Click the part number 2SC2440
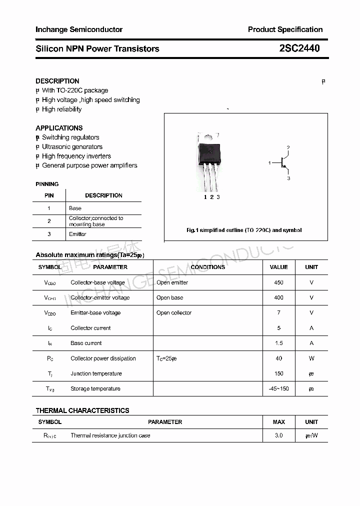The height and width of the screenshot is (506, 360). (299, 48)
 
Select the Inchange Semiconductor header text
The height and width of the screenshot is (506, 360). (79, 29)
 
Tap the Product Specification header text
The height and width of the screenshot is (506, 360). (285, 29)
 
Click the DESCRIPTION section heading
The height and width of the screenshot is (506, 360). (57, 81)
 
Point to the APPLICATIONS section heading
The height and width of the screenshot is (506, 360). (59, 128)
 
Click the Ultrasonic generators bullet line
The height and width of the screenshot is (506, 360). (72, 147)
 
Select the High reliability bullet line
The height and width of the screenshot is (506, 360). (61, 109)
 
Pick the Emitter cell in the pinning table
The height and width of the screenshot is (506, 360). (77, 234)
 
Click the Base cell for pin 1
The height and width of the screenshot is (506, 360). (75, 208)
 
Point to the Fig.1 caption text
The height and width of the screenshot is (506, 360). (244, 230)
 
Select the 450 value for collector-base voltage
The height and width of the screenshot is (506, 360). (278, 282)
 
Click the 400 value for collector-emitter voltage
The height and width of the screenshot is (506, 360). (278, 297)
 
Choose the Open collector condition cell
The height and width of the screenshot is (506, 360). (174, 313)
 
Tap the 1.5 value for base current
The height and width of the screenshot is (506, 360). (278, 343)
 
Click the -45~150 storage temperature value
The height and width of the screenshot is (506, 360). (278, 389)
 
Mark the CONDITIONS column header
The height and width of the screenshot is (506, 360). (208, 267)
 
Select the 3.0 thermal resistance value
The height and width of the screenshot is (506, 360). (278, 435)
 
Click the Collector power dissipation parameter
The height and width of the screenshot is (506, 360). (103, 358)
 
